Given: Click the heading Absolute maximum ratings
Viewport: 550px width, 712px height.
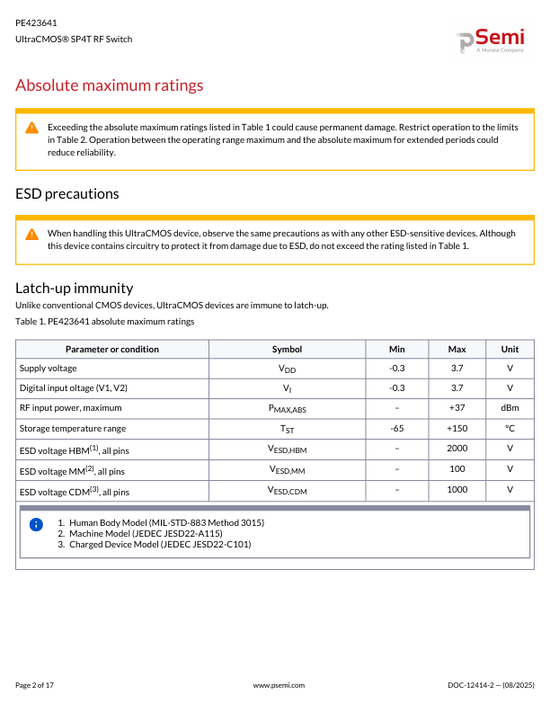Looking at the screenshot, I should tap(110, 85).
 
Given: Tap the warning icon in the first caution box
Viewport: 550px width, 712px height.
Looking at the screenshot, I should tap(31, 128).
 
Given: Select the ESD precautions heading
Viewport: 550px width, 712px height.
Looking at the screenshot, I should tap(67, 193).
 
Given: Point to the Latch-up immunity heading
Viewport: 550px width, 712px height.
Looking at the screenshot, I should tap(75, 288).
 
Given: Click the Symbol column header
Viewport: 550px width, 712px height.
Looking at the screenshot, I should tap(287, 349).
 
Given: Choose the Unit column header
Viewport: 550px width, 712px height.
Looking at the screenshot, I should tap(510, 349).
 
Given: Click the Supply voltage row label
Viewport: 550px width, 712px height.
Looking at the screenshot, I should tap(49, 368).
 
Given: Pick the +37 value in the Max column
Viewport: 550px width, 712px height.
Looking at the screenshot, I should tap(457, 408).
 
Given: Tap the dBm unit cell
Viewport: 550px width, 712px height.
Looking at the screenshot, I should tap(510, 408).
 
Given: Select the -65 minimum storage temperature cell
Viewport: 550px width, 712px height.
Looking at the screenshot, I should tap(396, 428).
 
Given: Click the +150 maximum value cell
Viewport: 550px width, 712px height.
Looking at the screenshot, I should tap(457, 428).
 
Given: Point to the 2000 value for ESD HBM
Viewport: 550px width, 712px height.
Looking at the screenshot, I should tap(457, 448).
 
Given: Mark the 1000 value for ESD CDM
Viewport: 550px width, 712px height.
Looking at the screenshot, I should tap(457, 489).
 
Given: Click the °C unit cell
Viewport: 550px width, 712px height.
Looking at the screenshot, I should tap(510, 428).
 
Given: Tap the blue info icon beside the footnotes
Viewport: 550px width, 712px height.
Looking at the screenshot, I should tap(36, 524).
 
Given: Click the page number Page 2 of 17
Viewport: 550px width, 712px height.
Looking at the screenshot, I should tap(35, 685).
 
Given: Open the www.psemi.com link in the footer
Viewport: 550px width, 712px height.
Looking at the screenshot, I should tap(279, 685).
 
